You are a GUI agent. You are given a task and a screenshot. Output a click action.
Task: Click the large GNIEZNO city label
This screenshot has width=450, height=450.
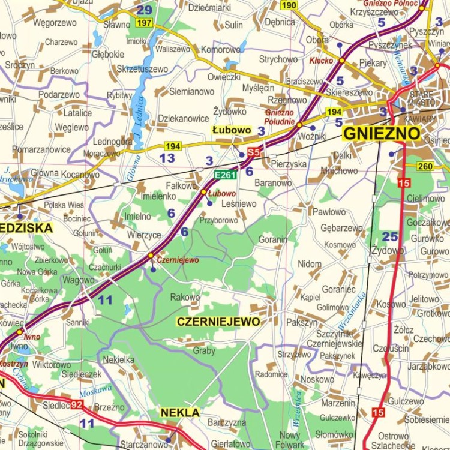coord(381,133)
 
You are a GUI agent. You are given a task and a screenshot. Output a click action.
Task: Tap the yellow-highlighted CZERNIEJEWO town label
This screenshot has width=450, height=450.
coord(219,322)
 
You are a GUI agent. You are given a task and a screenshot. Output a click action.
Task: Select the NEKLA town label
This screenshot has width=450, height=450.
coord(180,413)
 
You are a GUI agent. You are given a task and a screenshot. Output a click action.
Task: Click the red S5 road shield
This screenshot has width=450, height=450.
coord(254,153)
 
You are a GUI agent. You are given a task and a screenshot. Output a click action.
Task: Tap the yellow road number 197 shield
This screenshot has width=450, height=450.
coord(144,23)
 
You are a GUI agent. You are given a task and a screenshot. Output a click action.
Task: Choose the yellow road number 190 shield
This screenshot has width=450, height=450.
coord(289,5)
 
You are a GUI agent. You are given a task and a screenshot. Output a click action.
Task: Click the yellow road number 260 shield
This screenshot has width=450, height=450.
coord(425,166)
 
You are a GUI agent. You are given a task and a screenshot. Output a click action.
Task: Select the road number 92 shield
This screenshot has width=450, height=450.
coord(76,404)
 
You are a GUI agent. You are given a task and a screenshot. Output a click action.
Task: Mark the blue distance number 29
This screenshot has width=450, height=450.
coord(144,10)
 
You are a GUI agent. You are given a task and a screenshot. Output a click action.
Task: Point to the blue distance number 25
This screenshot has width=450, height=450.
coord(390,236)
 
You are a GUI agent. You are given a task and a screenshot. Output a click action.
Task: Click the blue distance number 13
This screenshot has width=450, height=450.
coord(167,158)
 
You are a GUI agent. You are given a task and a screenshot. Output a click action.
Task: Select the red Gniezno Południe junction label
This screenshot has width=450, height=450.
coord(280,117)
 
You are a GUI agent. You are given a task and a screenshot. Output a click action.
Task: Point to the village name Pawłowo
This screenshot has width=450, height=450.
coord(329,212)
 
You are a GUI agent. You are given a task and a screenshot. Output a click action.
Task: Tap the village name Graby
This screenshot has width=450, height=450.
coord(203,351)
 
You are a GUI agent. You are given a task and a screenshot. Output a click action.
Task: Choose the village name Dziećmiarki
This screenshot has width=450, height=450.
coord(209,8)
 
